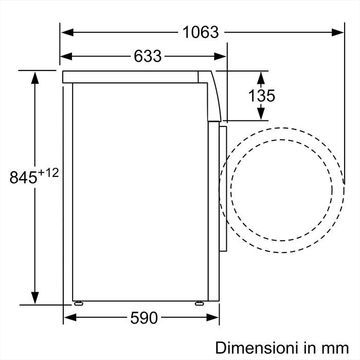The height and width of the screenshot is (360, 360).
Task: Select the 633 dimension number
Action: coord(148,56)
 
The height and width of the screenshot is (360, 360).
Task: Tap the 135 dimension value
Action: coord(261,95)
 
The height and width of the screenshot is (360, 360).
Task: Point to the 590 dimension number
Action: coord(143,318)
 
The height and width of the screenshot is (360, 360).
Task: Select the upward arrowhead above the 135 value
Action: coord(261,78)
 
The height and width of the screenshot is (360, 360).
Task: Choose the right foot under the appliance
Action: coord(198,303)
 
